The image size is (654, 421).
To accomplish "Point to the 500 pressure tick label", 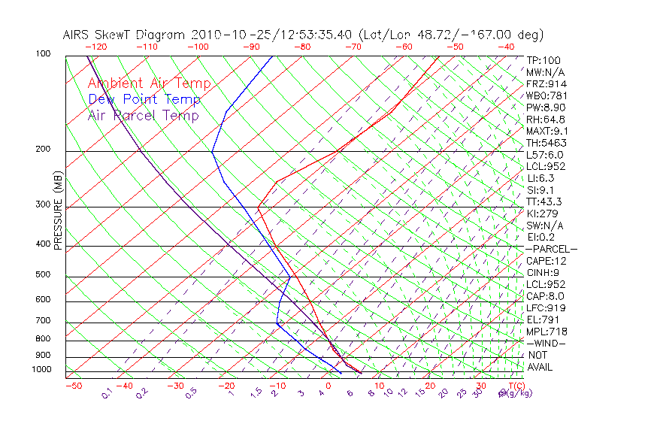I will [x=42, y=274].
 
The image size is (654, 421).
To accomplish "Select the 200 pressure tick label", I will [x=42, y=149].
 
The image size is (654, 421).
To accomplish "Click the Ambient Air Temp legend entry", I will [x=149, y=83].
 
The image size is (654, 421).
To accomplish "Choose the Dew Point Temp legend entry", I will [x=144, y=99].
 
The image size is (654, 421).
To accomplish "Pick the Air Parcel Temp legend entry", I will [x=143, y=115].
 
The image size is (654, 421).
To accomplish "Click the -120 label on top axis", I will [x=96, y=47].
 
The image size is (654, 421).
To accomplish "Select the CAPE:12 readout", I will [x=547, y=261].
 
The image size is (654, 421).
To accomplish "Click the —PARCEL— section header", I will [x=552, y=249].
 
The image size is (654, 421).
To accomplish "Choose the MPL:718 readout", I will [x=547, y=332].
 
